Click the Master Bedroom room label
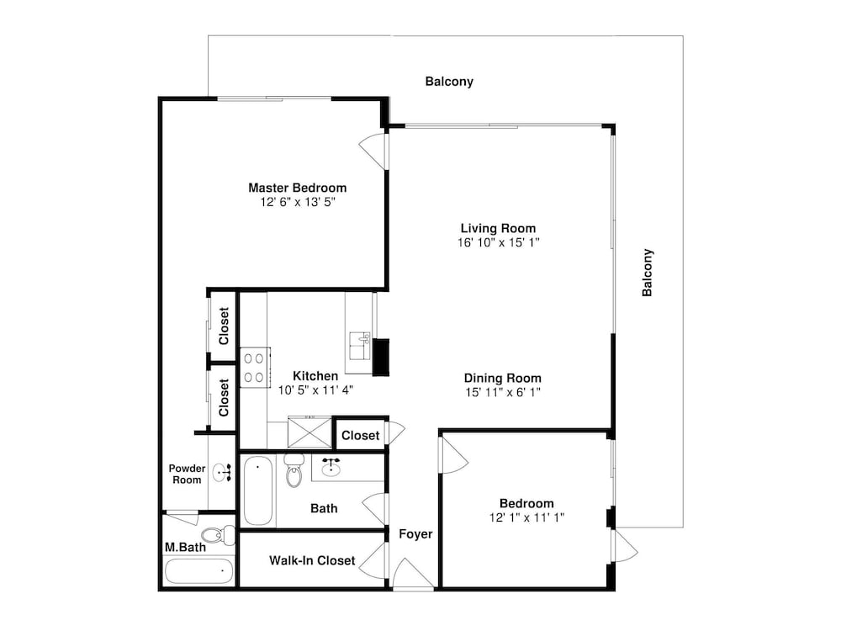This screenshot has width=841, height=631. (297, 188)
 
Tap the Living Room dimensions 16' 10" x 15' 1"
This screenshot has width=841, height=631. (498, 242)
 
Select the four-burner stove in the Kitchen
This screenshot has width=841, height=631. (254, 368)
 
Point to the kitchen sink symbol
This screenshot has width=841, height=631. (360, 346)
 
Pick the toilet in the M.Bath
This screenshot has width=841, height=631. (218, 535)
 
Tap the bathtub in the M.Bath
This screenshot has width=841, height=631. (199, 571)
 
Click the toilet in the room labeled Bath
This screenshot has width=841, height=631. (294, 470)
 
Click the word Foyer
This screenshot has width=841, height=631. (415, 534)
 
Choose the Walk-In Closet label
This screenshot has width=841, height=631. (312, 560)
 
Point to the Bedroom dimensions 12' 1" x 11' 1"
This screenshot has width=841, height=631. (526, 517)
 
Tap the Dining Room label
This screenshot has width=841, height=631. (503, 379)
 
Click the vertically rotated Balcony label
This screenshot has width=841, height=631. (648, 273)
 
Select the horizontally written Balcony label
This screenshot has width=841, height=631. (449, 82)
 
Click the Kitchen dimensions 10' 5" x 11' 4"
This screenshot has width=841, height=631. (315, 390)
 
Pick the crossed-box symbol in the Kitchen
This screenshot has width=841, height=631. (310, 432)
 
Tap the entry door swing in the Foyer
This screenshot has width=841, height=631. (413, 573)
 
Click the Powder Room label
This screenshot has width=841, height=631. (187, 475)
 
